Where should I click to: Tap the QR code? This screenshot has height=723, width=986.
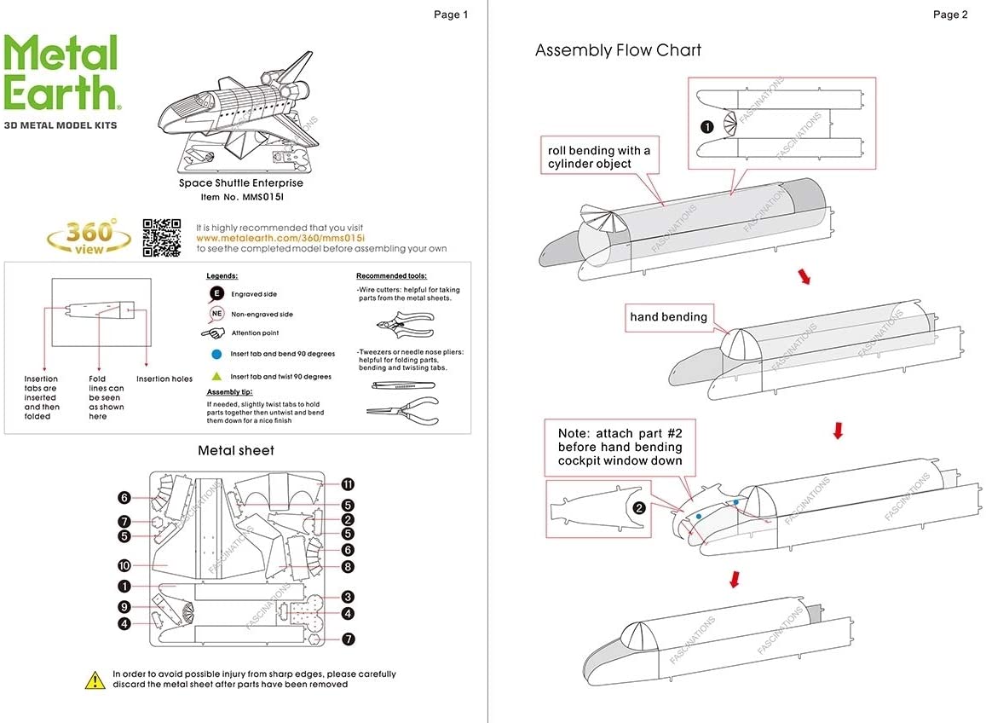[x=161, y=238]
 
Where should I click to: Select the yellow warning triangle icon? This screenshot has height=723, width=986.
[x=94, y=680]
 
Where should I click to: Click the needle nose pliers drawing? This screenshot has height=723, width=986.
[x=403, y=411]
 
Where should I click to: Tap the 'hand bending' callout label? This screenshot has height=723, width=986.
[x=669, y=317]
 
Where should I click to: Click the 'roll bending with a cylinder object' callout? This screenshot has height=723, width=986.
[x=599, y=157]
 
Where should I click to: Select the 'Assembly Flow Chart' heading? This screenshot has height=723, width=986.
[x=618, y=50]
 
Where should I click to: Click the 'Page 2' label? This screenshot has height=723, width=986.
[x=950, y=14]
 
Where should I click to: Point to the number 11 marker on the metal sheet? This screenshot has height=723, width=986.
[x=348, y=484]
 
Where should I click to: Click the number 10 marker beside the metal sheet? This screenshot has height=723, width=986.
[x=124, y=565]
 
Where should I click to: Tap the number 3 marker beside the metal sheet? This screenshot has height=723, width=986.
[x=348, y=597]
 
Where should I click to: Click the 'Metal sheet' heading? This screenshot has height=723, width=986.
[x=236, y=450]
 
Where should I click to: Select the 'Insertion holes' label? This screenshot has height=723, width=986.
[x=164, y=379]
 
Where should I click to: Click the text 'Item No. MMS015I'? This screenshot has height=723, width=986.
[x=240, y=197]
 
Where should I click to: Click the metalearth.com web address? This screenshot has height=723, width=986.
[x=280, y=239]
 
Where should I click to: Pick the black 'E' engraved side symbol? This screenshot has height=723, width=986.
[x=216, y=294]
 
